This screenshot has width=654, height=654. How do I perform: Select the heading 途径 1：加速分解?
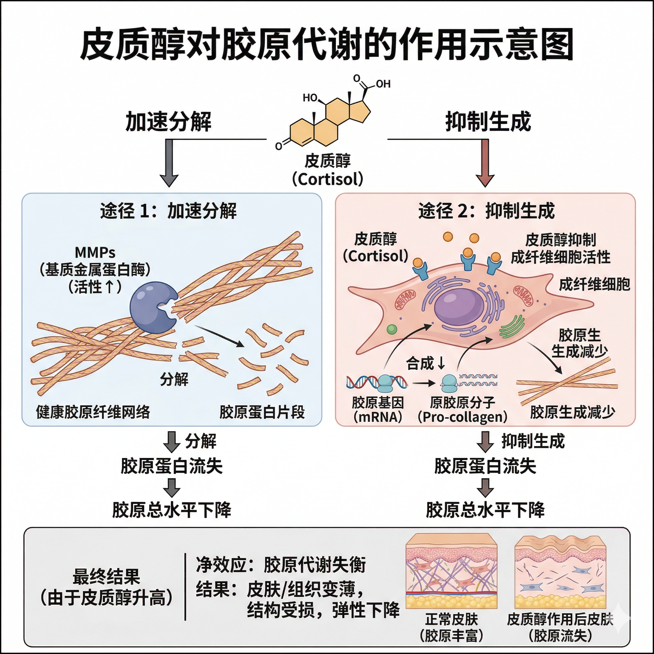pos(168,211)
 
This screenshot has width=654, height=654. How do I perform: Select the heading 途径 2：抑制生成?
pos(486,211)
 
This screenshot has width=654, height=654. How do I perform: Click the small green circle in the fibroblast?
pos(392,329)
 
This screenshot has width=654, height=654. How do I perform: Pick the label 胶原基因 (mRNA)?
pos(377,410)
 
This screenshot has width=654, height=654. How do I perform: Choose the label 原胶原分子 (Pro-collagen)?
pos(462,410)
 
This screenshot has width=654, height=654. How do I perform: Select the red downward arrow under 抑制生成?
pos(485,163)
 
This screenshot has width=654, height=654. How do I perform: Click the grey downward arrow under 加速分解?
pos(169,163)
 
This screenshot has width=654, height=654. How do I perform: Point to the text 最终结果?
pos(106,577)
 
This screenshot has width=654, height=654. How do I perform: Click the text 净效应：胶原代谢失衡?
pos(281,565)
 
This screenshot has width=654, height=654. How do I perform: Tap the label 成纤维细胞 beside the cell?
pos(594,284)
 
